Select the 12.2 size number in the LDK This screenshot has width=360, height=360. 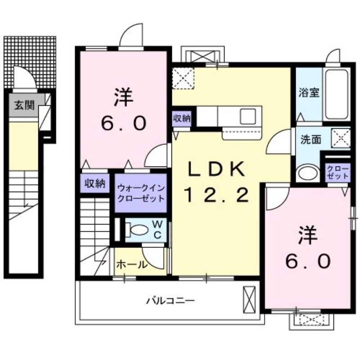[x=216, y=195]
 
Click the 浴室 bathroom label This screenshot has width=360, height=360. [x=309, y=93]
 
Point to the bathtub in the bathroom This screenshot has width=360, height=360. [x=337, y=95]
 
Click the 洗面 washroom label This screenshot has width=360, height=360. [x=311, y=139]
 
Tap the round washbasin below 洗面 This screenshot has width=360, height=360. [x=308, y=173]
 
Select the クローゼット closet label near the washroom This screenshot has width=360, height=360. [x=337, y=172]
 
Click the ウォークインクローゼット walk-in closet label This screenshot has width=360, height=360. [x=140, y=193]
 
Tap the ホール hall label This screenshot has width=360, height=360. [x=132, y=265]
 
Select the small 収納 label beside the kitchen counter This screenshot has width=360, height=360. [x=182, y=119]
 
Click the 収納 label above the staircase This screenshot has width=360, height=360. [x=95, y=183]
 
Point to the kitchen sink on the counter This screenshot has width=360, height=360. [x=248, y=117]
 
